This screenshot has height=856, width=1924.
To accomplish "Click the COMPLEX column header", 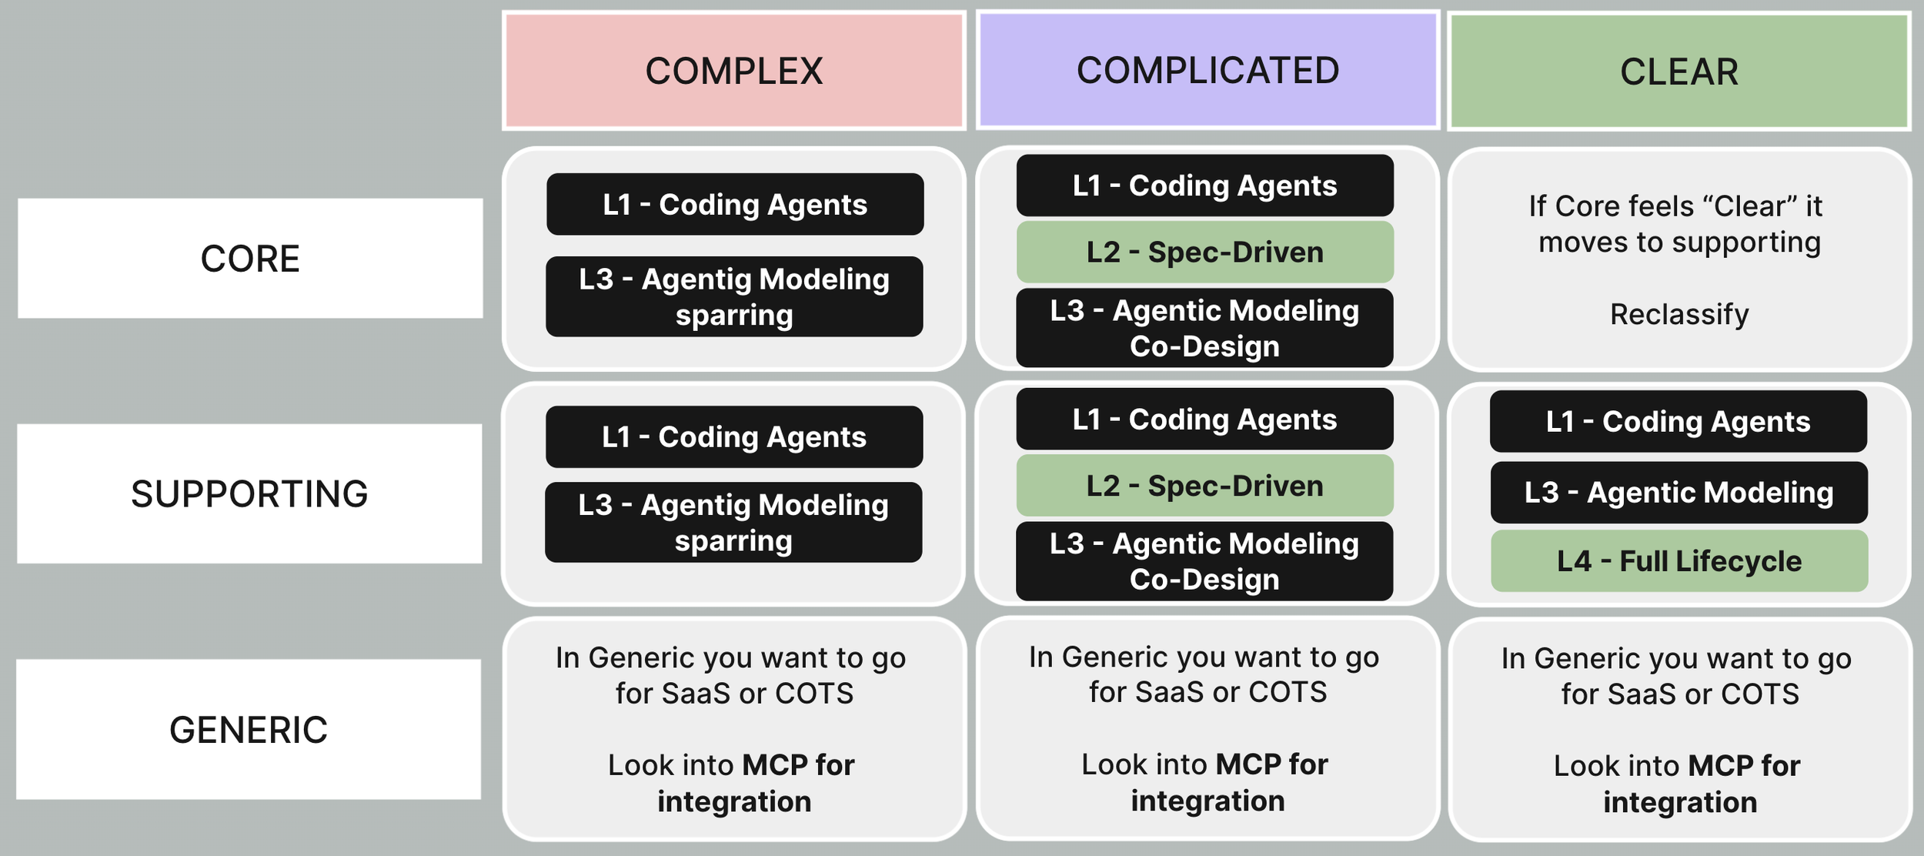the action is pos(733,71).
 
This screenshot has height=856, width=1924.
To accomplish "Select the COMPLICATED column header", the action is pos(1208,70).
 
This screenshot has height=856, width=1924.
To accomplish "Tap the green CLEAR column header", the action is pos(1678,72).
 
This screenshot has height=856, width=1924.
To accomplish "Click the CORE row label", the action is pos(250,259).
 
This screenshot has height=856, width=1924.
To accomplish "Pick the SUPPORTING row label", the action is pos(249,493).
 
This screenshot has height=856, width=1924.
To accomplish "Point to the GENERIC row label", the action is pos(249,729).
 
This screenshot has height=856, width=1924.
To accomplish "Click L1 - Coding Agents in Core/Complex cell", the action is pos(735,204).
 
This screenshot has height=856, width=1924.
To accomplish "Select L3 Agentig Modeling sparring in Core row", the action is pos(734,296).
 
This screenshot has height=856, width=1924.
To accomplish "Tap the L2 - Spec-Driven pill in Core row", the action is pos(1204,252).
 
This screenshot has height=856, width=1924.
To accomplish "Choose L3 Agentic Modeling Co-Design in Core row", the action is pos(1204,328).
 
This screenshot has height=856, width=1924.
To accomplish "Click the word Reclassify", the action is pos(1679,314).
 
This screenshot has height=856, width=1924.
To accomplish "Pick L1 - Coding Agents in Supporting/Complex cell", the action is pos(734,436).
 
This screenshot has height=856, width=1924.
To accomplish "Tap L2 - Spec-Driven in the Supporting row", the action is pos(1204,486).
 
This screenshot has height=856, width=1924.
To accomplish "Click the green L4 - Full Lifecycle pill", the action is pos(1678,561).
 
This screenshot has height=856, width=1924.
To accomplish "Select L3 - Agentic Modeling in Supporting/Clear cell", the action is pos(1678,493).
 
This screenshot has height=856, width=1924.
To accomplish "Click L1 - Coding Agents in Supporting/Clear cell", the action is pos(1678,421).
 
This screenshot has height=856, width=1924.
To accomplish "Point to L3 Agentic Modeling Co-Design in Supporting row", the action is pos(1204,561).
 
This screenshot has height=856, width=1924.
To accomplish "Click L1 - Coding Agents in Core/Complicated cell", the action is pos(1204,186).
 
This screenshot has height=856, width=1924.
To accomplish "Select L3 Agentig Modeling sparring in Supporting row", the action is pos(733,522).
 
